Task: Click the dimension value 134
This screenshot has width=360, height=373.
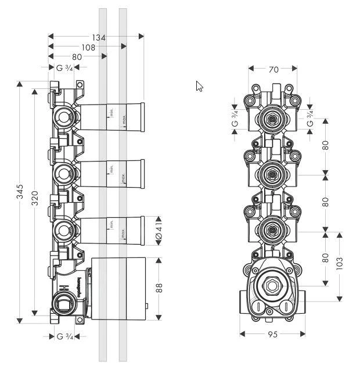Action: pos(99,38)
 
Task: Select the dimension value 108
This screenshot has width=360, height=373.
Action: pos(88,48)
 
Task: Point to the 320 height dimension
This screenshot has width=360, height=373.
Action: pos(35,198)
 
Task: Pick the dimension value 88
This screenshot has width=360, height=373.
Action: pos(159,288)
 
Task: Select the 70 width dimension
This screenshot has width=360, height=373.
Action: pos(274,69)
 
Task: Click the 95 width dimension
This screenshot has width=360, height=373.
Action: pos(273,335)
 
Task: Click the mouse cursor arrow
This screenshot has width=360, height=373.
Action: pos(199,86)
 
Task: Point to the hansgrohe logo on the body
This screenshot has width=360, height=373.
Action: pos(76,287)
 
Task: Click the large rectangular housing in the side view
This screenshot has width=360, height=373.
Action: pos(119,288)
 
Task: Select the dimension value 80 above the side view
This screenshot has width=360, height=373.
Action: pos(77,57)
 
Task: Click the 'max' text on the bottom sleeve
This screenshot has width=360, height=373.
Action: pos(123,234)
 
